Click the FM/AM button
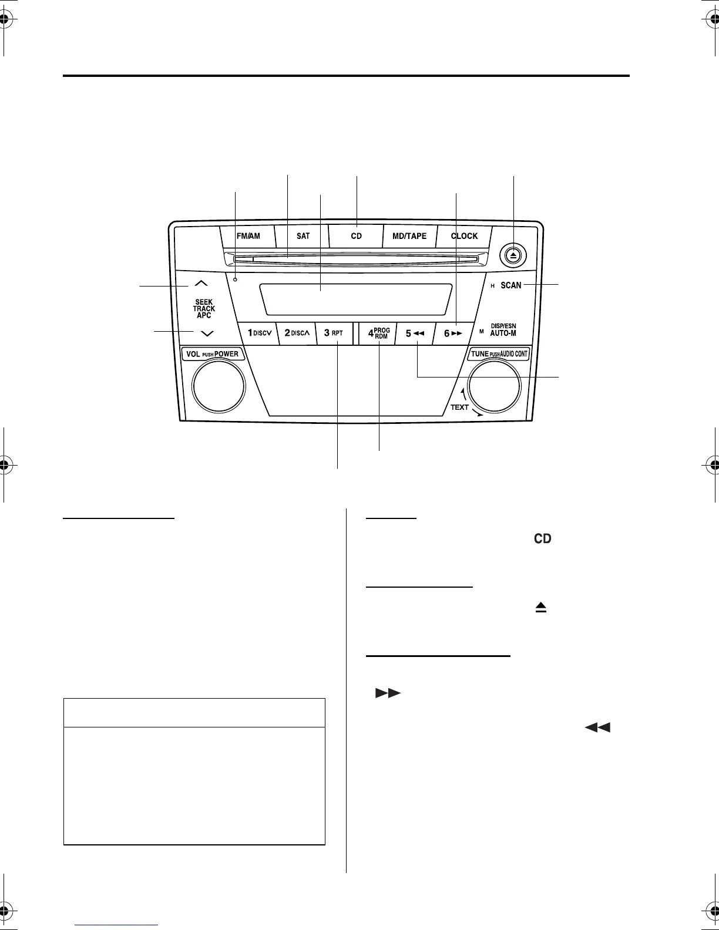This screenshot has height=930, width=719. click(248, 236)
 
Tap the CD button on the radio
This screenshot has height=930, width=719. click(356, 236)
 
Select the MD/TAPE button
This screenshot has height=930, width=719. click(409, 236)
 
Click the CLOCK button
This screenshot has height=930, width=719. click(464, 236)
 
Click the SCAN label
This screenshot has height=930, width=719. click(510, 285)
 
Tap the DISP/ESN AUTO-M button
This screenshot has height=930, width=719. click(503, 330)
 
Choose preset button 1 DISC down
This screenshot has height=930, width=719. click(259, 333)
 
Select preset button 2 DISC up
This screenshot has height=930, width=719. click(297, 333)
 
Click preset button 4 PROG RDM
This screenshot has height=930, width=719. click(379, 333)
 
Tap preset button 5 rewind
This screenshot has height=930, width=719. click(415, 333)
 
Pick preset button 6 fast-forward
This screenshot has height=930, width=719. click(453, 333)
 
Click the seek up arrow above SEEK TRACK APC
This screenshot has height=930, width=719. click(201, 284)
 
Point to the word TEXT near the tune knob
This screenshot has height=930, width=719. click(459, 407)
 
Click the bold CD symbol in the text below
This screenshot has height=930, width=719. click(542, 538)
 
